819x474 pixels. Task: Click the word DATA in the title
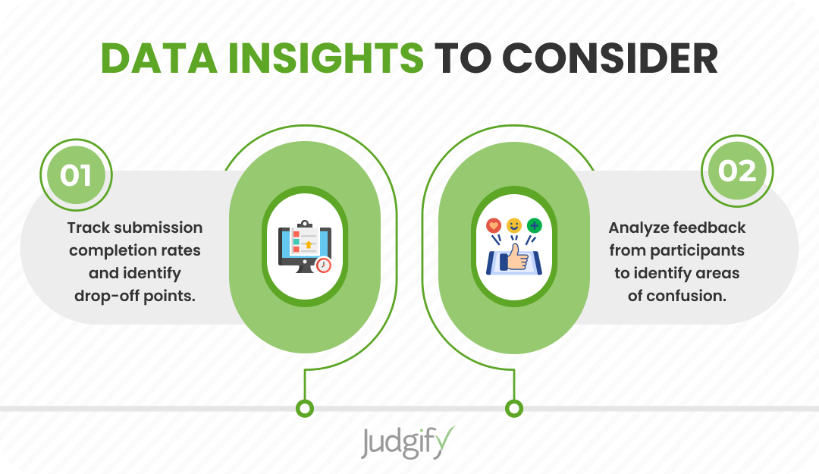pos(159,58)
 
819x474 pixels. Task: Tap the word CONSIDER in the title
pos(610,58)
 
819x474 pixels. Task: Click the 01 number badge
pos(77,174)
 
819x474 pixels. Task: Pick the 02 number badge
pos(737,171)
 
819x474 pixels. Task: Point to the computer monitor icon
pos(305,246)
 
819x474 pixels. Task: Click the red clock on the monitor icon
pos(324,265)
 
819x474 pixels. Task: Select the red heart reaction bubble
pos(494,226)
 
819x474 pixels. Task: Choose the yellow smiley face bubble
pos(514,225)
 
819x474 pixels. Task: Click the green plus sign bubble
pos(535,226)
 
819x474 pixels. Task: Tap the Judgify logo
pos(408,443)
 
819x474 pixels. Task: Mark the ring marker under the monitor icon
pos(305,408)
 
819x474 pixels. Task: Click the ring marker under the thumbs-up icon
pos(514,408)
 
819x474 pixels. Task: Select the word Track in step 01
pos(88,228)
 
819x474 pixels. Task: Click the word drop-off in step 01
pos(107,296)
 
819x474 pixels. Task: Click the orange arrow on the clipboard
pos(308,244)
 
